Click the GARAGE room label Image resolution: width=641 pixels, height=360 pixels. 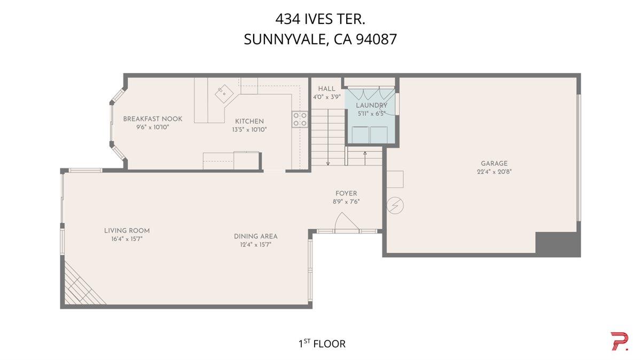point(494,163)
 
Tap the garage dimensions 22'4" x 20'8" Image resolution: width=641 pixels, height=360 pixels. point(494,171)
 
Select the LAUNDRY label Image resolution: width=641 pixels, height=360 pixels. point(371,106)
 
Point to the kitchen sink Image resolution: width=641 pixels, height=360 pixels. point(225,94)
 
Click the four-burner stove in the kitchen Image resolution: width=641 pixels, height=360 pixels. point(300,119)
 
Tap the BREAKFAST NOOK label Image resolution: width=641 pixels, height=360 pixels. point(153,119)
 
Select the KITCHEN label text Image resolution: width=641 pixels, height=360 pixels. point(249,121)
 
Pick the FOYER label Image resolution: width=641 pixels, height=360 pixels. point(346,193)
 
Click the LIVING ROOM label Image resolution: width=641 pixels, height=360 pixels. point(127,231)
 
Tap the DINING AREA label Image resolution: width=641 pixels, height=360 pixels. point(256,236)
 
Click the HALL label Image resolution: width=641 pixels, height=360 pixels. point(326,89)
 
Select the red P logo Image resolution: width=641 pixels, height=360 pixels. point(620,341)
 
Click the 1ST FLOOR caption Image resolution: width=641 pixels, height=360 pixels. point(322,343)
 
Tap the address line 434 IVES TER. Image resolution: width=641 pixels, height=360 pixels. point(320,19)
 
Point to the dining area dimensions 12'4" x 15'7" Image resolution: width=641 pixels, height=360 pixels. point(256,245)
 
